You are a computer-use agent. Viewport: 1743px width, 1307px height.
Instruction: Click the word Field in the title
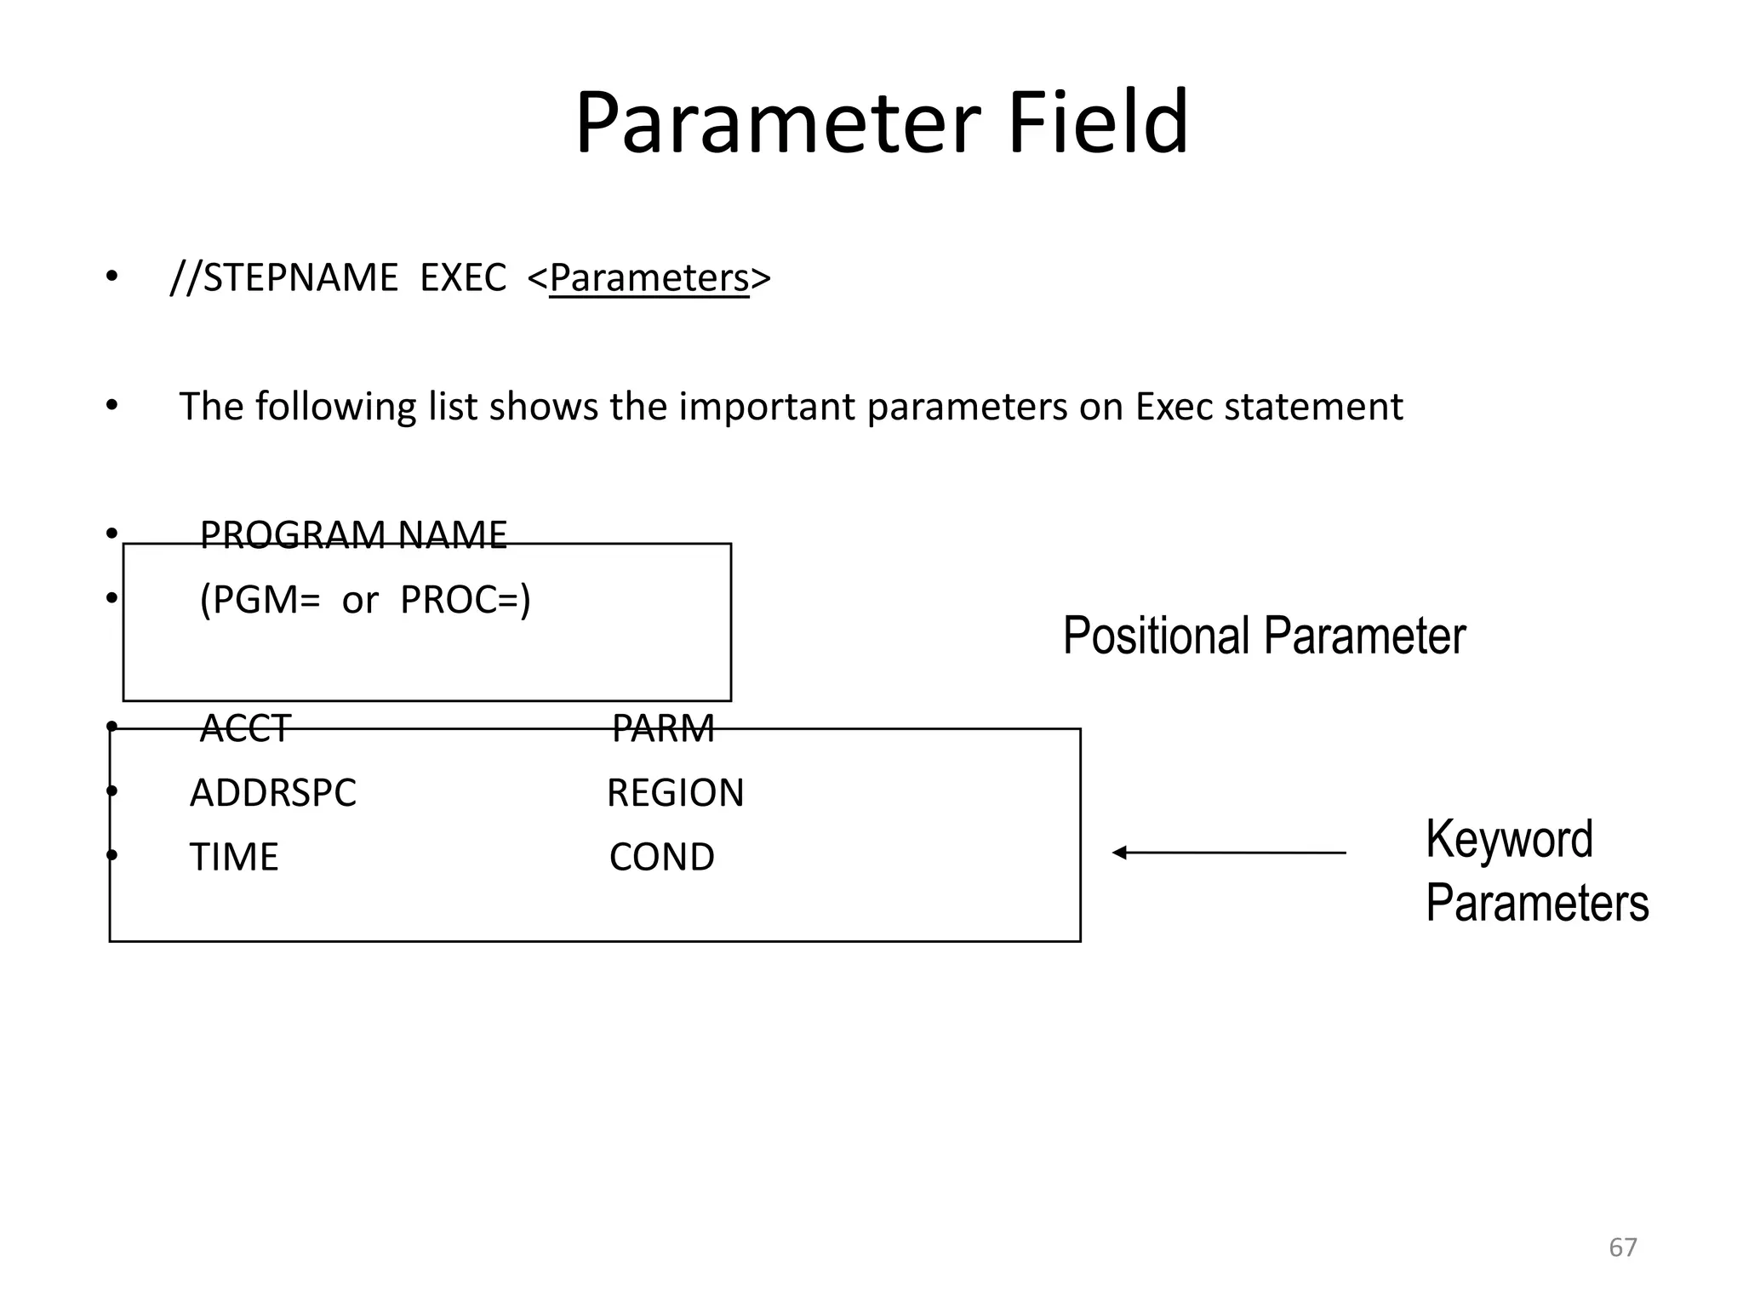[1097, 123]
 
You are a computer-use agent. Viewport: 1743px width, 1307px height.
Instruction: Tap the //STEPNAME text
[284, 278]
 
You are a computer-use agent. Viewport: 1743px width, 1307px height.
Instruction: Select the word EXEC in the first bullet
[463, 278]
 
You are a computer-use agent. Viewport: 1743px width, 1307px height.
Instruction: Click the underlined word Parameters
[649, 278]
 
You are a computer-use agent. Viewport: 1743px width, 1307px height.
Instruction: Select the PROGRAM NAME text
[353, 535]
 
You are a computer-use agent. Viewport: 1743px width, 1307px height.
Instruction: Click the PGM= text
[260, 600]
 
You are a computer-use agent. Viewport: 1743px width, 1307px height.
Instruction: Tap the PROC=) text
[466, 600]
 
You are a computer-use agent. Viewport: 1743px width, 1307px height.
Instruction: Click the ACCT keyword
[245, 728]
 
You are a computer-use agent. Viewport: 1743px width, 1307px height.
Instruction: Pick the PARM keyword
[663, 728]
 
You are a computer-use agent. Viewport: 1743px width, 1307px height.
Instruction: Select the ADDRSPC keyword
[272, 793]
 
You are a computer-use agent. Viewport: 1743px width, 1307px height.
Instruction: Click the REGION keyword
[675, 793]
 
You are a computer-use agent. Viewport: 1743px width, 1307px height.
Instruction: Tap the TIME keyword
[234, 857]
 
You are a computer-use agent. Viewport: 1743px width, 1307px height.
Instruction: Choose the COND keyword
[662, 857]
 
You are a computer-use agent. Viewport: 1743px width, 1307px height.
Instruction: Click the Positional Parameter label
[1264, 636]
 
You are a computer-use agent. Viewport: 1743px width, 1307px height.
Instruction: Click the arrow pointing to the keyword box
[1229, 853]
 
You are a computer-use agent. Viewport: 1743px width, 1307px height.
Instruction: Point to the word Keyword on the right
[1509, 840]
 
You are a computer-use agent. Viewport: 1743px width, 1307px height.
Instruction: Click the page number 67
[1622, 1247]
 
